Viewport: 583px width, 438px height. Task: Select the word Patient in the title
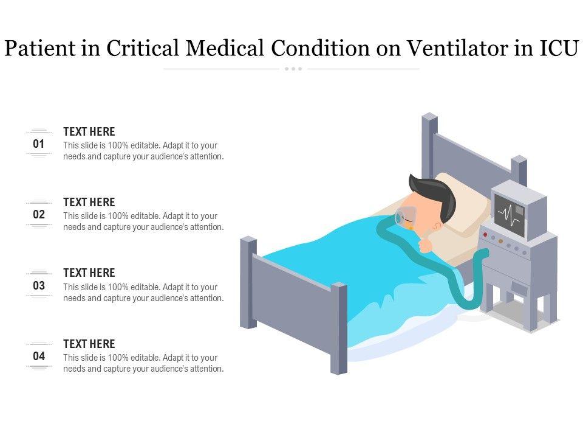40,49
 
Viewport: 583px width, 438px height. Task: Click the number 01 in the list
39,144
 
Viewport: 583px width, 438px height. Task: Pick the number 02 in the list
39,215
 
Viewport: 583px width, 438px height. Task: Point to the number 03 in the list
39,286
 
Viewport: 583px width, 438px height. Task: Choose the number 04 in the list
39,356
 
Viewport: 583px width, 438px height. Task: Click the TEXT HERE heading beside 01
89,132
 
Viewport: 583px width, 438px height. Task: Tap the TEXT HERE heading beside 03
89,273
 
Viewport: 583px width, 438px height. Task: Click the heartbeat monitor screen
510,215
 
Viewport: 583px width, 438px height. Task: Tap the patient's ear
437,226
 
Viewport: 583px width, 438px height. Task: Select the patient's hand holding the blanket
425,245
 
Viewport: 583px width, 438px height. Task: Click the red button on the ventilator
485,234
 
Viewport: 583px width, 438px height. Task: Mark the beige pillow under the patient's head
461,216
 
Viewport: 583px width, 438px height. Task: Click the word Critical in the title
143,49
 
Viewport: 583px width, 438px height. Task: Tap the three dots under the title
293,69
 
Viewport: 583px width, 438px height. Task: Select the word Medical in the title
225,49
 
